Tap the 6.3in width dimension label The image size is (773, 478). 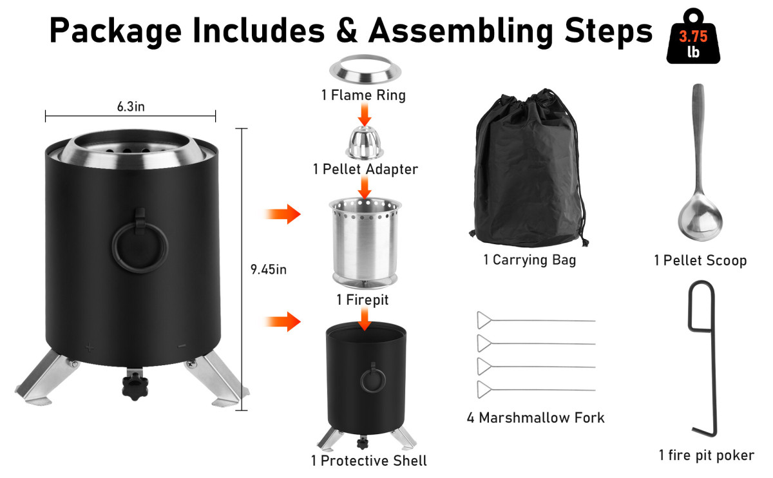(x=131, y=107)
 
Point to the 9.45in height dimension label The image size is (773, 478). (x=269, y=269)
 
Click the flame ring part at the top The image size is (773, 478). (x=365, y=70)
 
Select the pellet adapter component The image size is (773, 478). (x=365, y=143)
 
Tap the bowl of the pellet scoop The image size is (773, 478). (x=700, y=218)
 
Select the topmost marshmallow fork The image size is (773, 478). (x=536, y=321)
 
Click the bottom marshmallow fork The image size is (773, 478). (x=536, y=390)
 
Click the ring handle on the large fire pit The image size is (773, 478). (x=140, y=248)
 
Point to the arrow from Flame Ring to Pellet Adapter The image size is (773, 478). (x=365, y=115)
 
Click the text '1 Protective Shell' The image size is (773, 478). (x=368, y=461)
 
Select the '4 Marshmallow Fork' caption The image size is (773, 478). (x=535, y=418)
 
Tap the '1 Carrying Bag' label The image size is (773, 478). (x=530, y=260)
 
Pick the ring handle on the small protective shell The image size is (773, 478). (x=373, y=379)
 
